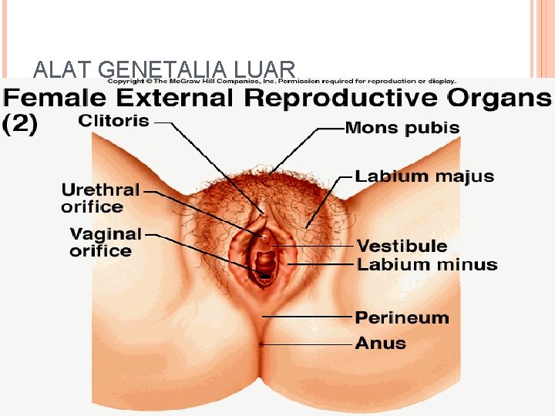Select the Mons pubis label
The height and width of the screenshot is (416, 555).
(402, 128)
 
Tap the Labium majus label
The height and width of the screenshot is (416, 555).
(424, 176)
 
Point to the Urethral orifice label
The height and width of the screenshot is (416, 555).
(100, 198)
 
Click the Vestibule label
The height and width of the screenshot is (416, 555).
(402, 247)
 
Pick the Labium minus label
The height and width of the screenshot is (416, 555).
(427, 265)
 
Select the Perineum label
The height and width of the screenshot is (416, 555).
(402, 317)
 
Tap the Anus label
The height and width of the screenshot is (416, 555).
(380, 343)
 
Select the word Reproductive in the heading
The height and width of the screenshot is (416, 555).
(342, 99)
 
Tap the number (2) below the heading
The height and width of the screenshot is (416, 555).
(21, 125)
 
